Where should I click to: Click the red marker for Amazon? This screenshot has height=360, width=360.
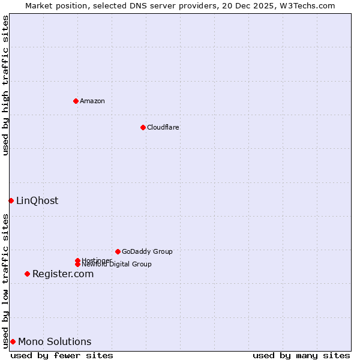click(x=76, y=101)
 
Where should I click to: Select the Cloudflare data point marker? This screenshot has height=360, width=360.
click(x=143, y=127)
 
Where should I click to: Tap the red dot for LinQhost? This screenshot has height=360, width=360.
click(x=11, y=200)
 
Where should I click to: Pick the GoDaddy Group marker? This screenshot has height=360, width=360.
click(x=118, y=251)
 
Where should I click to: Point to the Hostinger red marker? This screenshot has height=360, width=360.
click(x=77, y=260)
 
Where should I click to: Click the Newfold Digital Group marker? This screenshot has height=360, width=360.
click(x=78, y=264)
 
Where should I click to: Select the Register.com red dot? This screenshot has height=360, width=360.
click(x=27, y=274)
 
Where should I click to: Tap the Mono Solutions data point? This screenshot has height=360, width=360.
click(x=13, y=341)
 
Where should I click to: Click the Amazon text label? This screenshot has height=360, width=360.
click(x=92, y=101)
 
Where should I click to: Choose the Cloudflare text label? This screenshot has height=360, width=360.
click(x=163, y=127)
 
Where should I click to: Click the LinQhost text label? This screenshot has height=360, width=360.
click(x=37, y=200)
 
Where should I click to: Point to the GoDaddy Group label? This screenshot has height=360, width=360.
click(x=147, y=251)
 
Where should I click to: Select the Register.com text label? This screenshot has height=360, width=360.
click(x=63, y=274)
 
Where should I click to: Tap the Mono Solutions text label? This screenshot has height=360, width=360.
click(x=55, y=341)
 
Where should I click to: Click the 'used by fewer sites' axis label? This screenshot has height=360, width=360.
click(x=62, y=355)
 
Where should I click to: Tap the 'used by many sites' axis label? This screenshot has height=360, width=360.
click(x=301, y=355)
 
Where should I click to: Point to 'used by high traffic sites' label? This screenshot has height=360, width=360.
click(x=5, y=85)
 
